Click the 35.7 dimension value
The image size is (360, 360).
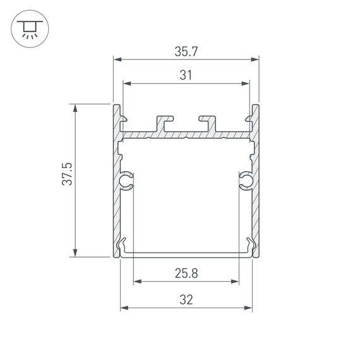[x=186, y=52]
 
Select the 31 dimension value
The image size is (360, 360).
[x=186, y=76]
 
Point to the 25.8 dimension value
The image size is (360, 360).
[x=186, y=273]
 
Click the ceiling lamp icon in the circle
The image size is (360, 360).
[x=28, y=28]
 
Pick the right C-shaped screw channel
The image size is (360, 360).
[x=245, y=181]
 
